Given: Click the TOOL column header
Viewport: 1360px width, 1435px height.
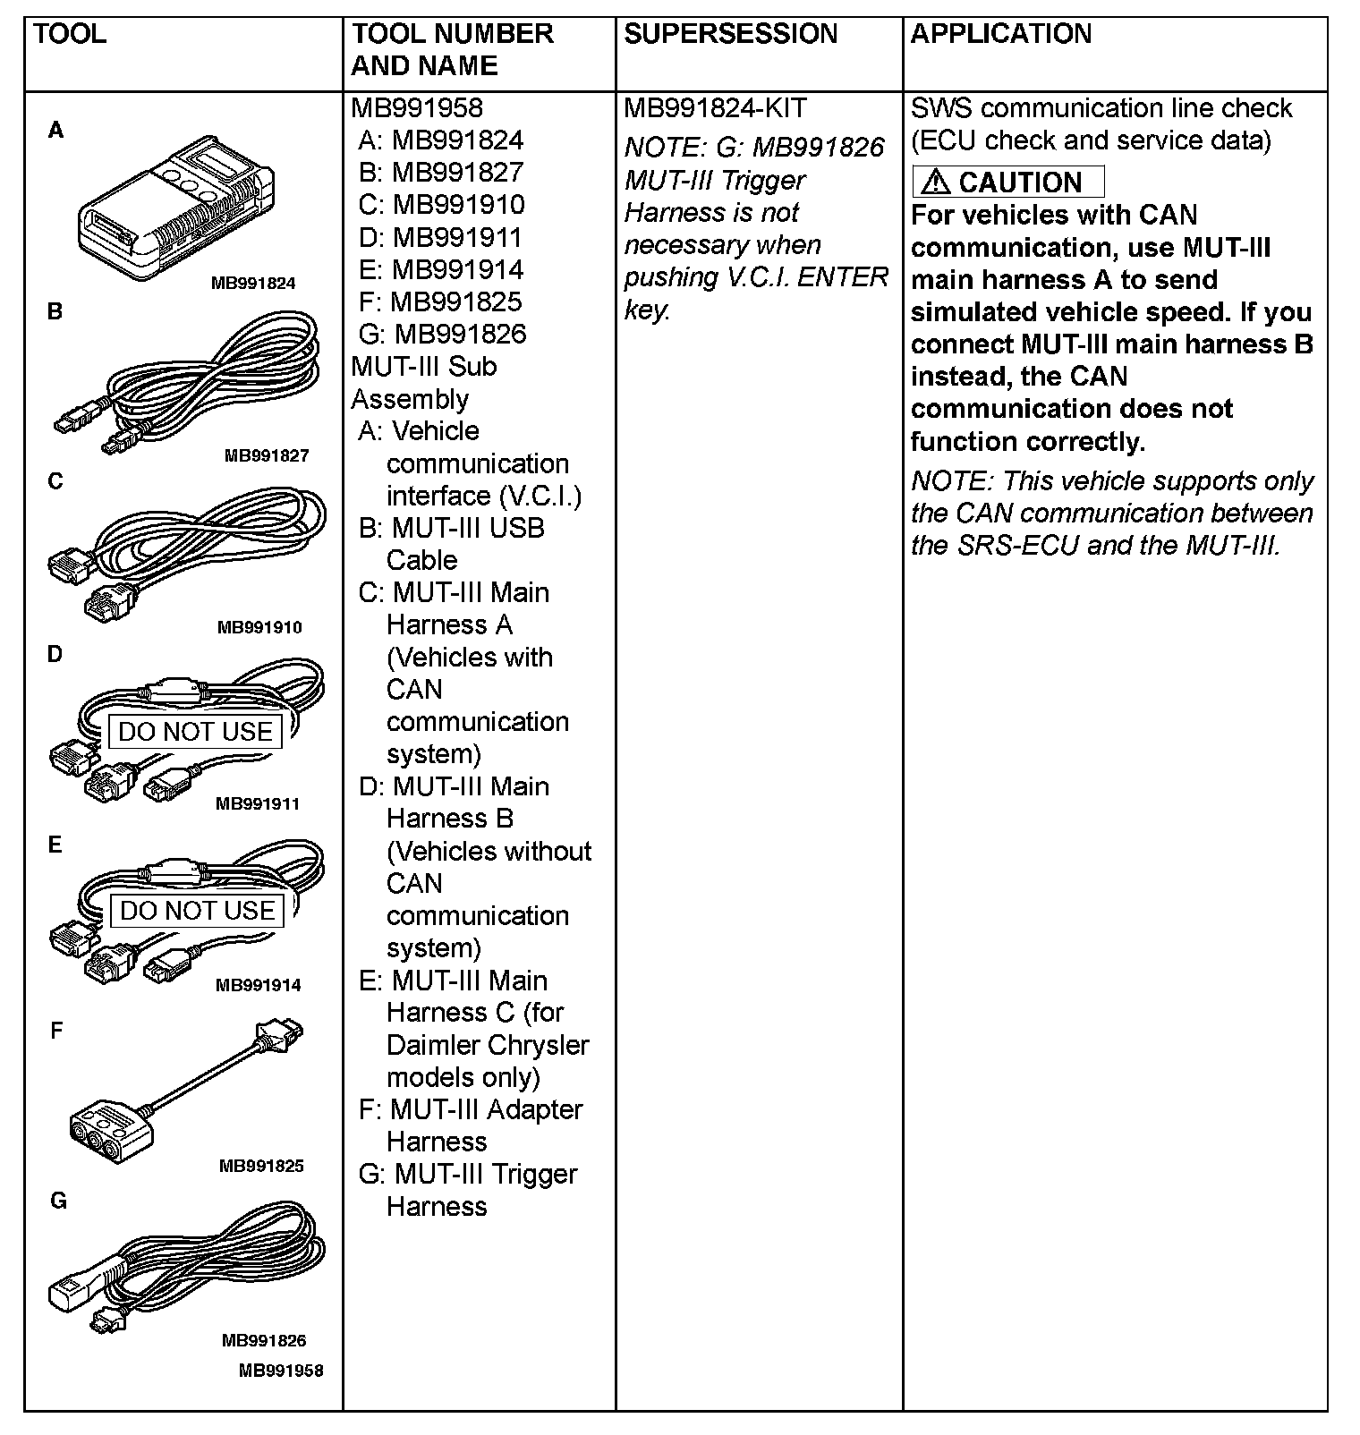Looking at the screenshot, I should [70, 34].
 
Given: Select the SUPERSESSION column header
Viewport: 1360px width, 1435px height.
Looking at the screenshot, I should [730, 34].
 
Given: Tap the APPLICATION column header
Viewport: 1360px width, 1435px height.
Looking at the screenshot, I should [1001, 34].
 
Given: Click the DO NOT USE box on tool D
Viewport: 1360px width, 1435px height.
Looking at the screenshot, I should [195, 731].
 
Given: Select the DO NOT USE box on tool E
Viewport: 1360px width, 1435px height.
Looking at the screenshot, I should [197, 911].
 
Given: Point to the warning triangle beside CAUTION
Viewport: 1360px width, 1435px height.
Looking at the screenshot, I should [935, 182].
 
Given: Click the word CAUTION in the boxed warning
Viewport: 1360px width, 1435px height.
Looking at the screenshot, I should [1020, 183].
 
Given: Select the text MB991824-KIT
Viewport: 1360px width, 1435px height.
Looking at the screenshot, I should [715, 108].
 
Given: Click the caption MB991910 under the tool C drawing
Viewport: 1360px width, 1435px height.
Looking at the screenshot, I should [259, 627].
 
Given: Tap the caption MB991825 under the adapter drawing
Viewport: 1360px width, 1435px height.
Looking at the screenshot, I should [261, 1166].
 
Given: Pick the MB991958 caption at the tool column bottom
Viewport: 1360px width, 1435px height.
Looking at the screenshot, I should [281, 1371].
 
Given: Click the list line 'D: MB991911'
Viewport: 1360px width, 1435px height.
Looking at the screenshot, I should [440, 237].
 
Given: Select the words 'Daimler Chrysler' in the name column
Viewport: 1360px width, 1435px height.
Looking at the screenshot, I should [488, 1045].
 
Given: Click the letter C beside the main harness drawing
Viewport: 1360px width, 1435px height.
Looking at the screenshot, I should [55, 481].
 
